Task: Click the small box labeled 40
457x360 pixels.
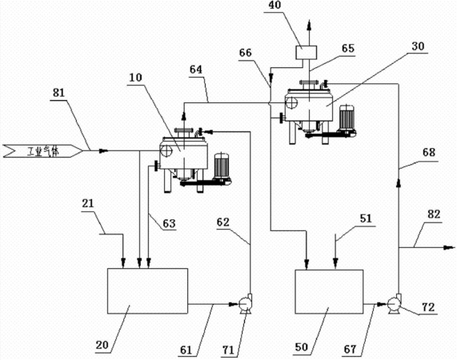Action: (306, 53)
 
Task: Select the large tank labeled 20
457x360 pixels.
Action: (147, 291)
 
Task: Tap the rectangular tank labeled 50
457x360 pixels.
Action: (329, 291)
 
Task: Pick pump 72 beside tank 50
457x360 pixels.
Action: (394, 304)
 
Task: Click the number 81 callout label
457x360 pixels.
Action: (58, 94)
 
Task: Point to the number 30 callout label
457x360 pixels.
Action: (418, 46)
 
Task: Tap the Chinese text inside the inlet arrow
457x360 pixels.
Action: (42, 151)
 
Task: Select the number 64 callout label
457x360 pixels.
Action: (196, 70)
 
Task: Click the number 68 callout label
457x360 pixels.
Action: (429, 152)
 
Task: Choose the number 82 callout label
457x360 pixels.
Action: (434, 214)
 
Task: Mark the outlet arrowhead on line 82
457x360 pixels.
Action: (449, 247)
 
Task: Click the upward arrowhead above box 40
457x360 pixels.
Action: (309, 25)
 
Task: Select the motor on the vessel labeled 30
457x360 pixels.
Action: (347, 117)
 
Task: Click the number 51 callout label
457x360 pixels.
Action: (366, 218)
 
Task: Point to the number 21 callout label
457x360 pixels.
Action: (88, 203)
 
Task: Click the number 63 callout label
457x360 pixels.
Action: (169, 223)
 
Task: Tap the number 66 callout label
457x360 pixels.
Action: (245, 53)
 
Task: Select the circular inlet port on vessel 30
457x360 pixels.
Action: (291, 102)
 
